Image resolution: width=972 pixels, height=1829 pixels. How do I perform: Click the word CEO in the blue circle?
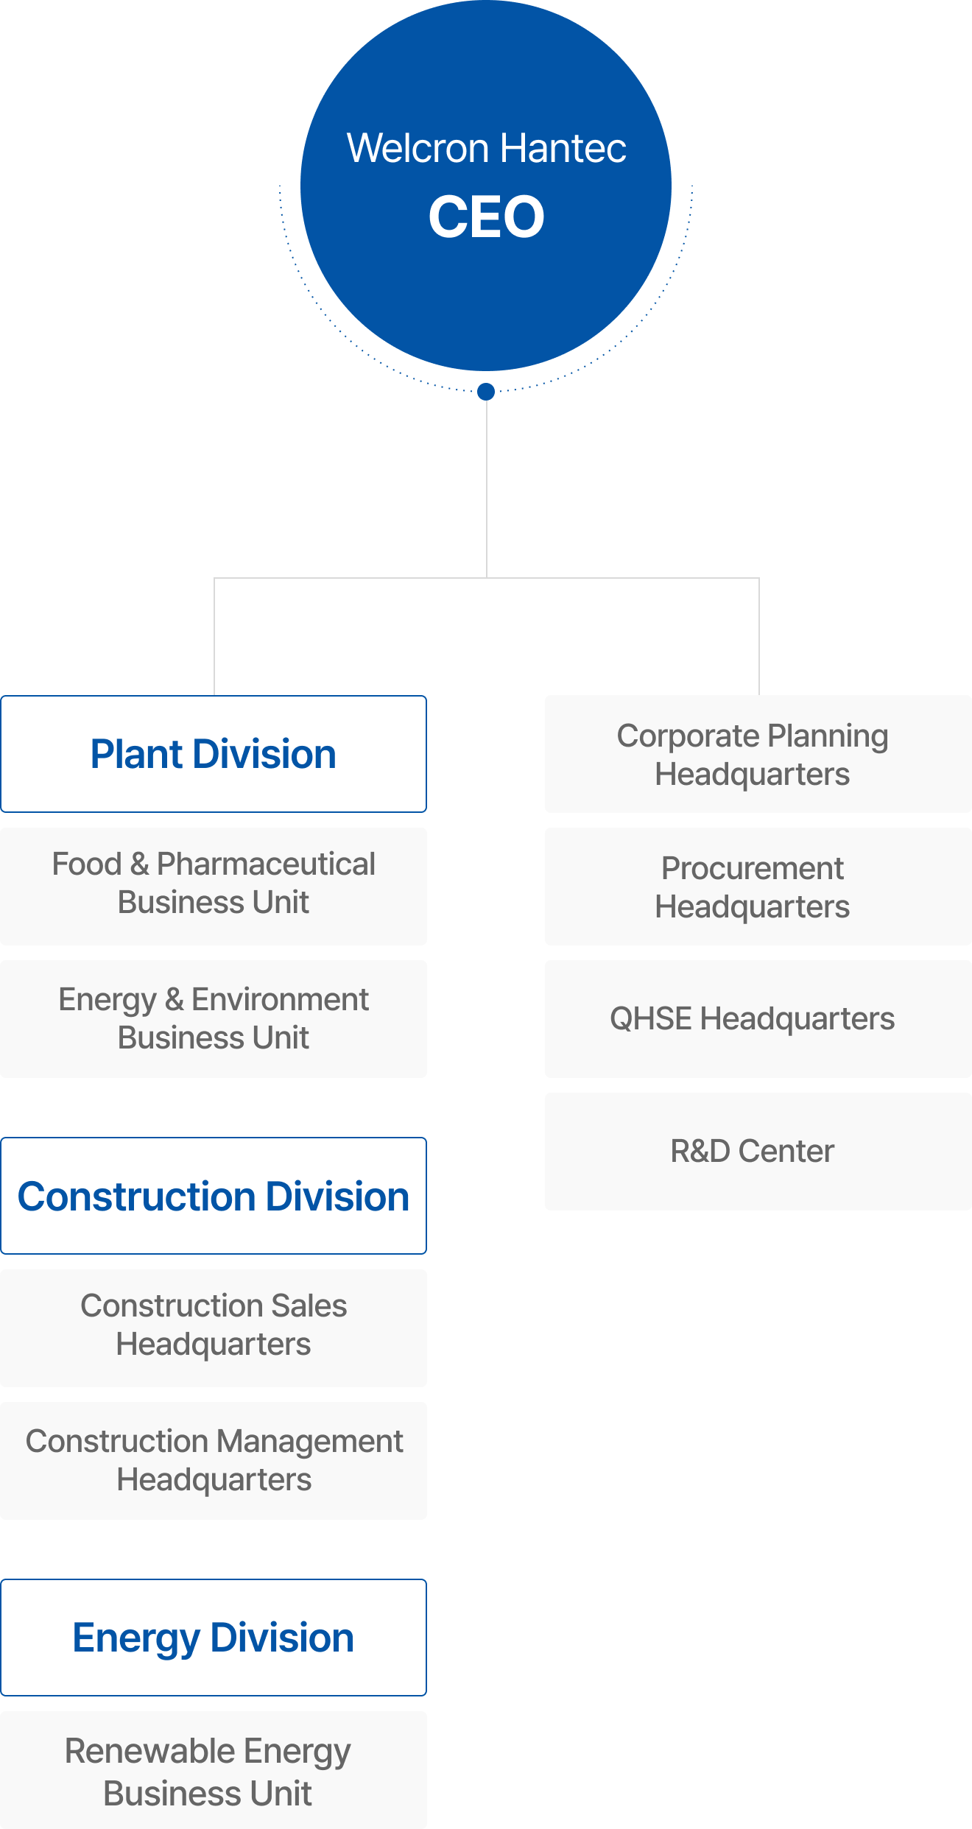click(x=486, y=217)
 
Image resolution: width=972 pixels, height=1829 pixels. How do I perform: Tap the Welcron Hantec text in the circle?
click(x=486, y=148)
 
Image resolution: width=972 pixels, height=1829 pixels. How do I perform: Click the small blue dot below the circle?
click(x=486, y=391)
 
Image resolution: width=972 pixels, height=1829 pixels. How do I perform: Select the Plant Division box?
click(x=214, y=754)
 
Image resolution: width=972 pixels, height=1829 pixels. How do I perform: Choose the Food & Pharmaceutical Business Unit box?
click(x=214, y=886)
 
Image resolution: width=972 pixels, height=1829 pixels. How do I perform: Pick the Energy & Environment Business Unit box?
click(x=214, y=1018)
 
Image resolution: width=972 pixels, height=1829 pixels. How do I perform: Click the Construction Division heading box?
click(x=214, y=1196)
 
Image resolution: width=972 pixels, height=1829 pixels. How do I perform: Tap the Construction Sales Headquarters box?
click(x=214, y=1328)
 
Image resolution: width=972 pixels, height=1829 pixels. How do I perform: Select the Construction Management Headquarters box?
click(x=214, y=1460)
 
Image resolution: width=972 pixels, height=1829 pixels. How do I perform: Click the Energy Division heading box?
click(x=214, y=1638)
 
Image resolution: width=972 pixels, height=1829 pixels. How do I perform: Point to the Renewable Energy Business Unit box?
click(x=214, y=1771)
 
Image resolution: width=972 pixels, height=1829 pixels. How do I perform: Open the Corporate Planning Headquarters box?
click(x=758, y=754)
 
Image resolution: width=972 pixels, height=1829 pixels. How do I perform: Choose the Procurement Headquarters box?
click(x=758, y=886)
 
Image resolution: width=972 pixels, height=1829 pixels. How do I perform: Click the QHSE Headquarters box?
click(x=758, y=1018)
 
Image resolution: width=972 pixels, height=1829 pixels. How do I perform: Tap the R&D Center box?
click(x=758, y=1151)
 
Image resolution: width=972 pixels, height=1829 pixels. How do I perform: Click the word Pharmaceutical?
click(x=266, y=864)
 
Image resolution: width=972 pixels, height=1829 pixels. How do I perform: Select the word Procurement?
click(x=752, y=869)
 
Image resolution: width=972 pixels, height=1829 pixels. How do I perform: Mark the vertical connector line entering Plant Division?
click(x=214, y=637)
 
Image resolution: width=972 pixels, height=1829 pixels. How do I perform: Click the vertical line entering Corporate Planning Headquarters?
click(x=759, y=637)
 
